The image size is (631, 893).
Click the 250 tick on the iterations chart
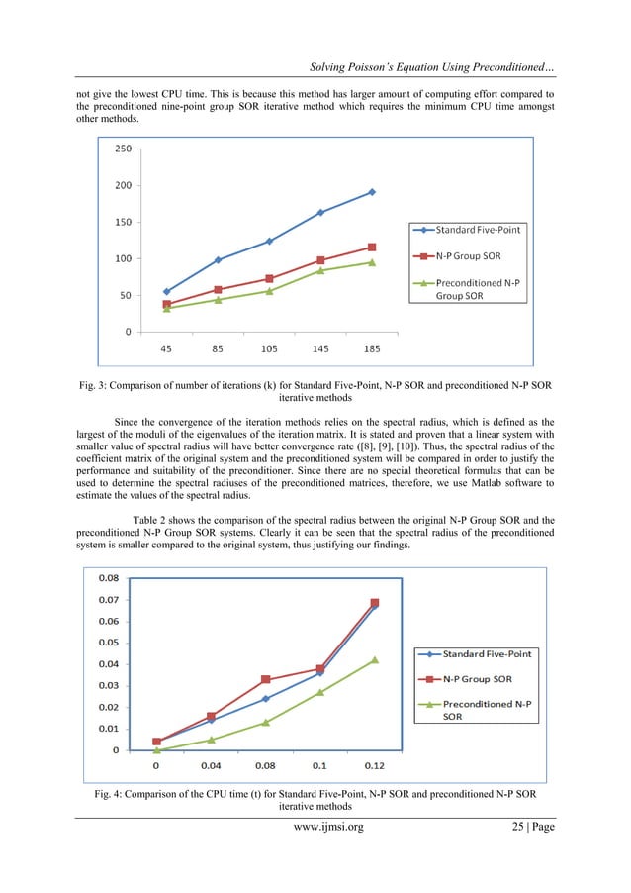(122, 149)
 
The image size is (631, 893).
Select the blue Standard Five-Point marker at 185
(372, 192)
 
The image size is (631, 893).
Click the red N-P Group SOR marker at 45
(166, 304)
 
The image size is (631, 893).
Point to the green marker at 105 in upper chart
(269, 291)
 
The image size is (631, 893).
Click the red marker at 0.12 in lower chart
(375, 603)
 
